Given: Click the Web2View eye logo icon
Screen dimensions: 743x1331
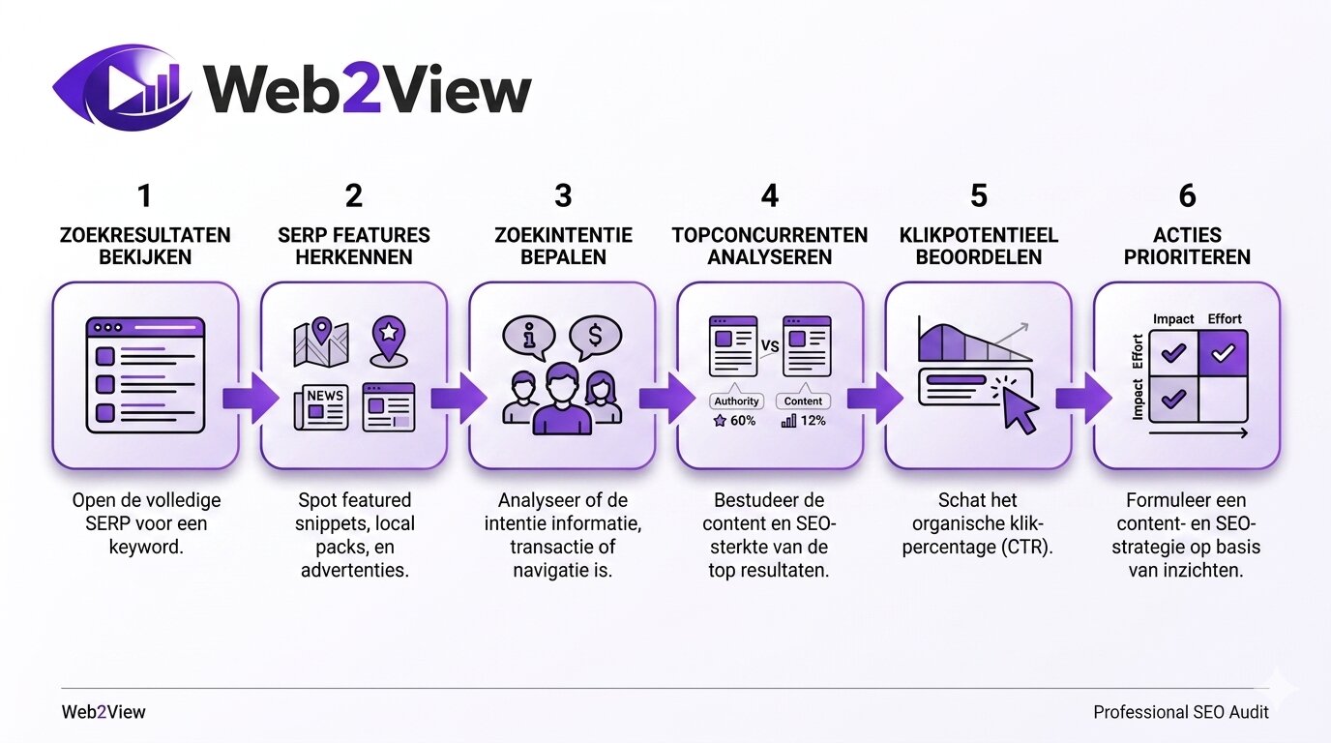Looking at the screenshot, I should [122, 88].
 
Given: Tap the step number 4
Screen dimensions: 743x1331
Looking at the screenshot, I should [769, 196].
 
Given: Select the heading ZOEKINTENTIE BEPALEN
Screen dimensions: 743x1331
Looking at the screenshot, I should [562, 246].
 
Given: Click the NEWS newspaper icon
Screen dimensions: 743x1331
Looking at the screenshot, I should [321, 406].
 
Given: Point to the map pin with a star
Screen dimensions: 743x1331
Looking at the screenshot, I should [387, 336].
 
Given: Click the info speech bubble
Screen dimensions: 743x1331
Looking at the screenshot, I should [528, 339].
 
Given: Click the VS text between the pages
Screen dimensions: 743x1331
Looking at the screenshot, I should [771, 345].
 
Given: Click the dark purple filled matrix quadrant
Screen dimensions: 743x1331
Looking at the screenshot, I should [1223, 354].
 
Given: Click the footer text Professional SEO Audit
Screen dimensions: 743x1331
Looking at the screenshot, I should [1180, 712].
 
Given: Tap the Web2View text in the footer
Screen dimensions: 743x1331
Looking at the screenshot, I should [104, 712].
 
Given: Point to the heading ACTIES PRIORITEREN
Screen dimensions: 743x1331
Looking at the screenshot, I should [1187, 246].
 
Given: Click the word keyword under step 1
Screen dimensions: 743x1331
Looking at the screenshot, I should [146, 547].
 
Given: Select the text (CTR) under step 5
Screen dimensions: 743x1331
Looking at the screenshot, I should [1022, 547].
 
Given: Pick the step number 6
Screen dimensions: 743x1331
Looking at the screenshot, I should [1187, 196].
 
